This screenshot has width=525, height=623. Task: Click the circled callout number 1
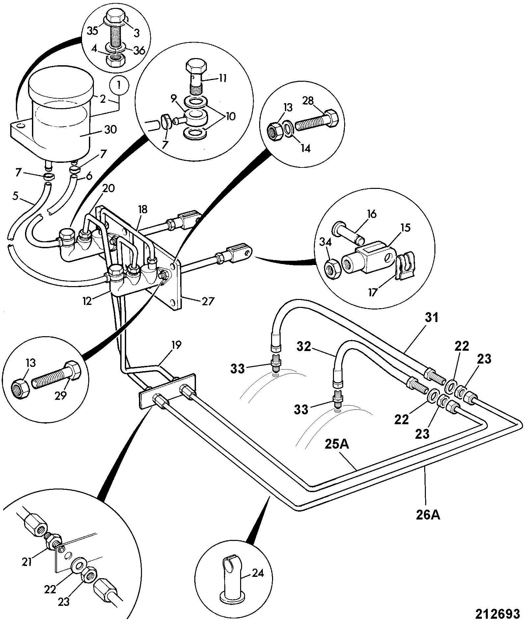click(119, 85)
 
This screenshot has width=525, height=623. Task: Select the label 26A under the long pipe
click(427, 515)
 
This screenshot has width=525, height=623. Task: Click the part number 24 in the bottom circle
click(258, 574)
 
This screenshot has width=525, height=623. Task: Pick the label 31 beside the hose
click(431, 318)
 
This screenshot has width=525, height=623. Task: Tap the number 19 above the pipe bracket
click(176, 345)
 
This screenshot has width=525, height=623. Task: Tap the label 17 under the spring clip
click(373, 292)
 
